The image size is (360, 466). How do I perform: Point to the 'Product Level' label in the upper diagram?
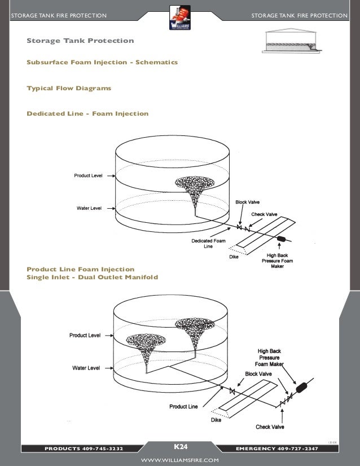coord(89,176)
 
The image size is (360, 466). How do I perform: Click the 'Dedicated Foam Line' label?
coord(209,244)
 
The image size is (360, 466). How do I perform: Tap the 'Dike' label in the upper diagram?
coord(234,257)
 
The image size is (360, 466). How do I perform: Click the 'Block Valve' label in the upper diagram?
coord(248,202)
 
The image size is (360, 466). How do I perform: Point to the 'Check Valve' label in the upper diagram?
coord(264,214)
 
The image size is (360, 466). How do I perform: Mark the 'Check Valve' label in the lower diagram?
coord(270,427)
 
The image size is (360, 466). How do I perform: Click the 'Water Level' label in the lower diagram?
coord(86,368)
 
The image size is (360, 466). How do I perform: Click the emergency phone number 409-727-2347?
coord(297,449)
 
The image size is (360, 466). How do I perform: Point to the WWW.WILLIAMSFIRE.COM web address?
coord(179,460)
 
